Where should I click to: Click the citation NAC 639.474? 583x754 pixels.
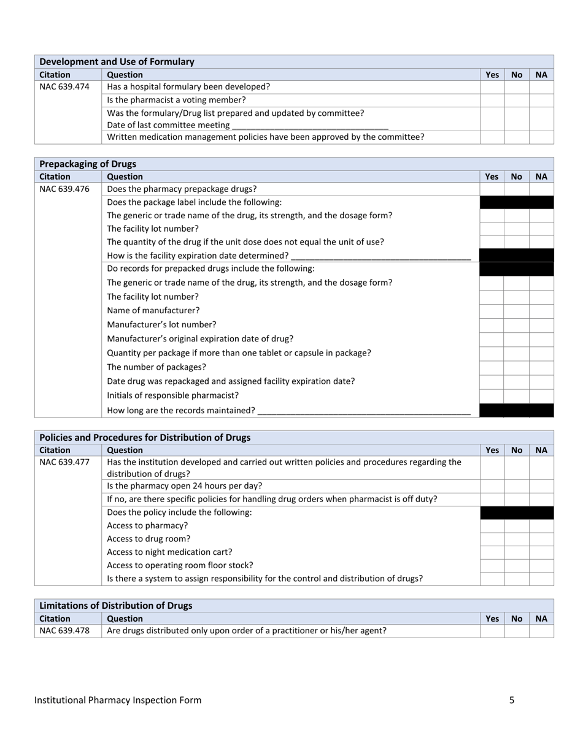coord(64,86)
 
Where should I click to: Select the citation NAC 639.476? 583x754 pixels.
coord(64,189)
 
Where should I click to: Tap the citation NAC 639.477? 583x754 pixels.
coord(64,462)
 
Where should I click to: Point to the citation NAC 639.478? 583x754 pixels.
coord(64,630)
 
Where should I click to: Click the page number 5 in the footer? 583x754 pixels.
coord(512,700)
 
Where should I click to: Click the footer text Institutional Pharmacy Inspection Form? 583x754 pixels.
coord(118,700)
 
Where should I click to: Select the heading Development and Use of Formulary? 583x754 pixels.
coord(117,61)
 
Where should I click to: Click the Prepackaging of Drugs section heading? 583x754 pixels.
coord(88,164)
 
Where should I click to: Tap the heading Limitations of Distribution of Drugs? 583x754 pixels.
coord(116,605)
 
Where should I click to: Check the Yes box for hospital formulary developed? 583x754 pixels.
coord(492,87)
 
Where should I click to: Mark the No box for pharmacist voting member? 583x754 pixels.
coord(517,100)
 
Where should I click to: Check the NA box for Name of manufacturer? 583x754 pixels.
coord(541,311)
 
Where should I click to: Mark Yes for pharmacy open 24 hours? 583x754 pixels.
coord(492,486)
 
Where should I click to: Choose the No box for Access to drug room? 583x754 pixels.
coord(517,539)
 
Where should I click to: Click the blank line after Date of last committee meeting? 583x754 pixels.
coord(310,125)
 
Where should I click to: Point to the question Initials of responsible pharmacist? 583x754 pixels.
coord(173,395)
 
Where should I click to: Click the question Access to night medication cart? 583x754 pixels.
coord(170,552)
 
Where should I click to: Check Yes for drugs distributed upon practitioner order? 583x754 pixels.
coord(492,630)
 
